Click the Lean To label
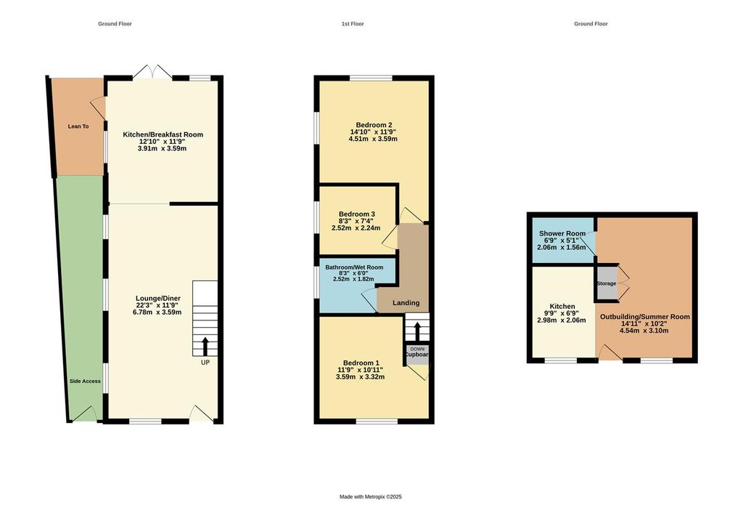pyautogui.click(x=78, y=126)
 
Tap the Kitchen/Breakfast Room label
pyautogui.click(x=163, y=134)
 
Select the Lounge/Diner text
pyautogui.click(x=158, y=298)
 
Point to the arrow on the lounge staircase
pyautogui.click(x=205, y=344)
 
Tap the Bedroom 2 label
pyautogui.click(x=374, y=124)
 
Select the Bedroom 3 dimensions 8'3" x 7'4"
pyautogui.click(x=358, y=221)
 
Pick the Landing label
pyautogui.click(x=406, y=303)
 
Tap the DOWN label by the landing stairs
pyautogui.click(x=417, y=349)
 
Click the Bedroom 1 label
pyautogui.click(x=361, y=363)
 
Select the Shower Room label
pyautogui.click(x=562, y=233)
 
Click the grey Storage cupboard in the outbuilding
pyautogui.click(x=607, y=283)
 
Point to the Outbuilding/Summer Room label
pyautogui.click(x=644, y=317)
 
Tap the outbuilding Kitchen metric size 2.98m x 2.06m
pyautogui.click(x=562, y=320)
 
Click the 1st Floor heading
pyautogui.click(x=353, y=24)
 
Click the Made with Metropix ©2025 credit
pyautogui.click(x=370, y=497)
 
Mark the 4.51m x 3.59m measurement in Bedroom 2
pyautogui.click(x=374, y=139)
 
